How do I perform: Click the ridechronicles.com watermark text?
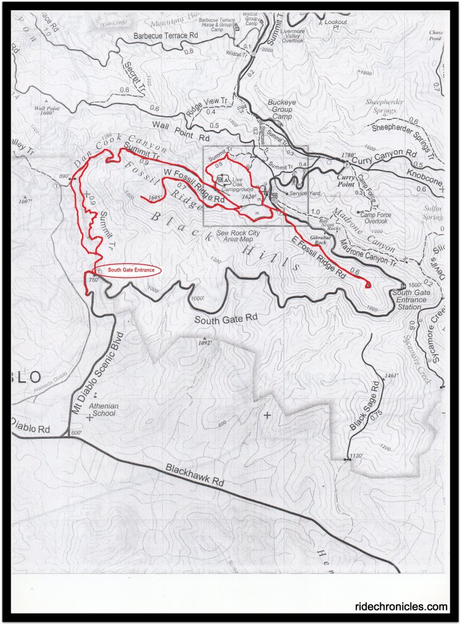tap(402, 607)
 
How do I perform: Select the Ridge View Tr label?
tap(207, 107)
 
